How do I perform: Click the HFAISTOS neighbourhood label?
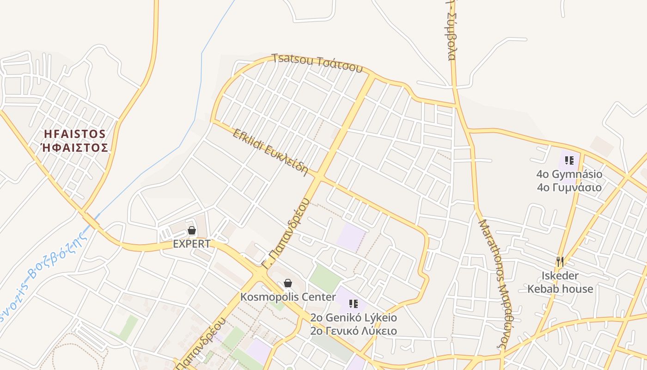pos(75,134)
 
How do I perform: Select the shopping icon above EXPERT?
pos(192,230)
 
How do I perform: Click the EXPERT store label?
pos(192,244)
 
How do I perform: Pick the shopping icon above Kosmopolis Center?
pos(288,283)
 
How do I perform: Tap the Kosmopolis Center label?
pos(288,296)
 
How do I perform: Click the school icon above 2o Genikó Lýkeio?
pos(354,304)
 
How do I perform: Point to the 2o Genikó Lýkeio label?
pos(354,318)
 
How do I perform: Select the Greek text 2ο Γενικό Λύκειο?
pos(354,331)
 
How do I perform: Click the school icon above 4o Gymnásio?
pos(569,160)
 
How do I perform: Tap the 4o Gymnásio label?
pos(569,174)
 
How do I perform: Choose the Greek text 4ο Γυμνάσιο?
pos(569,187)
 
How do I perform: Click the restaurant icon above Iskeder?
pos(560,262)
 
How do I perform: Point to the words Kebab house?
pos(560,289)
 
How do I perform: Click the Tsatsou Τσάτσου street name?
pos(317,63)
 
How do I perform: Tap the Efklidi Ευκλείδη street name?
pos(270,152)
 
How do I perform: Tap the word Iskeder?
pos(560,276)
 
